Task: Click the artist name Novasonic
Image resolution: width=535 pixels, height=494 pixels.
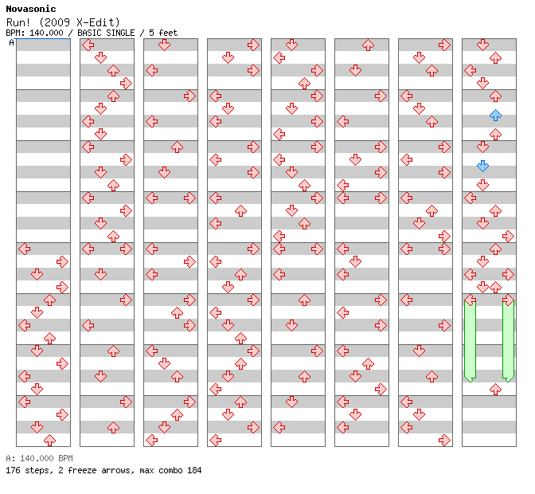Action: [x=31, y=9]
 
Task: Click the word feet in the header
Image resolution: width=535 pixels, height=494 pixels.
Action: [x=168, y=33]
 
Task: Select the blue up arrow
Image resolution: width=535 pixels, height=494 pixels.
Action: [x=495, y=116]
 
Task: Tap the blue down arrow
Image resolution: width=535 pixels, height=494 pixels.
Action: [x=482, y=167]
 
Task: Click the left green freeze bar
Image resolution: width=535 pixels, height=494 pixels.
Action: [x=471, y=340]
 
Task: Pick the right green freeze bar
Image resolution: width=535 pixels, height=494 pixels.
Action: [x=508, y=340]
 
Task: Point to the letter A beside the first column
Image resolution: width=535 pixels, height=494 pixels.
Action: [x=11, y=43]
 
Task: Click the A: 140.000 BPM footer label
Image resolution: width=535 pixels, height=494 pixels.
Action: [x=39, y=458]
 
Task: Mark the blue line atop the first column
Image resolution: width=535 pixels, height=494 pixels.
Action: [x=43, y=39]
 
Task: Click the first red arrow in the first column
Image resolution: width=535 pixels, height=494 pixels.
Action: [x=24, y=249]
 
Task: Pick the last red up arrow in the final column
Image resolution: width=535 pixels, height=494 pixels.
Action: [x=495, y=389]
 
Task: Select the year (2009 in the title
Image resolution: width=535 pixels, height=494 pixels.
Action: [x=55, y=22]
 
